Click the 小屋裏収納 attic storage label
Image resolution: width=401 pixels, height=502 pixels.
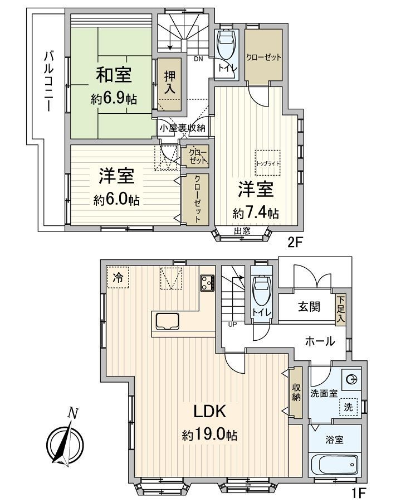pos(182,128)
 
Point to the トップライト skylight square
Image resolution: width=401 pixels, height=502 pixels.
pos(268,163)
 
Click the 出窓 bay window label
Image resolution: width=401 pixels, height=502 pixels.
pos(242,231)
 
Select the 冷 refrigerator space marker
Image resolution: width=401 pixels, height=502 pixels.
pos(118,276)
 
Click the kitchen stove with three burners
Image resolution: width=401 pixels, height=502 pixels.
pos(207,283)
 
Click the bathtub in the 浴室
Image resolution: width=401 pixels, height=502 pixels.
pos(335,464)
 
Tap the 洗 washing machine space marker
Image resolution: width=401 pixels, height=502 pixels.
pos(348,407)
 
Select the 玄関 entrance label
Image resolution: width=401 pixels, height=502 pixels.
pos(306,307)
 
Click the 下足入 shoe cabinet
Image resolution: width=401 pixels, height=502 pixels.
pos(340,309)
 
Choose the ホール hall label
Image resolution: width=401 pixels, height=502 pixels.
pos(320,341)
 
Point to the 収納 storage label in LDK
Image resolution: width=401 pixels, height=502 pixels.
pos(296,392)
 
